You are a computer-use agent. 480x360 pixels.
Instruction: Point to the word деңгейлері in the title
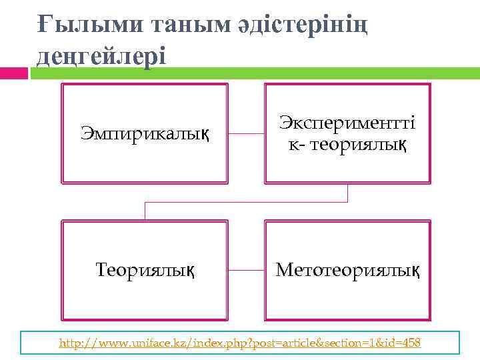click(x=100, y=55)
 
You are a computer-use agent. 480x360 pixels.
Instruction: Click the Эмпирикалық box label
click(x=144, y=133)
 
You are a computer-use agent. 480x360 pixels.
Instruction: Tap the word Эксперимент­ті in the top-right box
click(x=347, y=123)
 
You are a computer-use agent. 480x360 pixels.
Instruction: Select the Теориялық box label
click(x=145, y=270)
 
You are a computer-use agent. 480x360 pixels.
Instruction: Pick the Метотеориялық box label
click(x=347, y=270)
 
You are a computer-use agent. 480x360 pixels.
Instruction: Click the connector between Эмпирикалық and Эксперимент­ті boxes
click(x=246, y=133)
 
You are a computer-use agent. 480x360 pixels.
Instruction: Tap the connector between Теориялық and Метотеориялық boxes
click(x=246, y=270)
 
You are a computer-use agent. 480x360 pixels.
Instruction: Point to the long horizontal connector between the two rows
click(x=246, y=202)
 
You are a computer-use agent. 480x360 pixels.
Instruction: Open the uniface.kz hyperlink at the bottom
click(x=240, y=343)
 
